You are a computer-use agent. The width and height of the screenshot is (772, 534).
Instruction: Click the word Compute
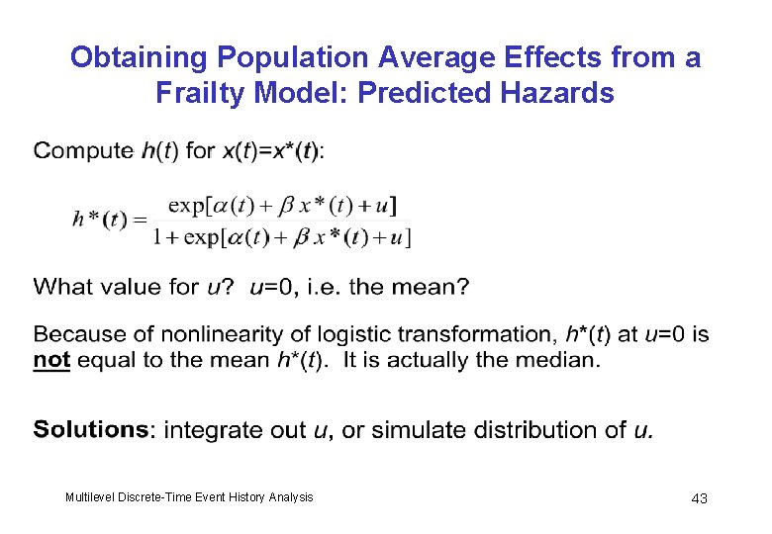point(83,151)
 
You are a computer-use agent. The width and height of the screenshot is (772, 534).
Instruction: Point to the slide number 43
point(699,498)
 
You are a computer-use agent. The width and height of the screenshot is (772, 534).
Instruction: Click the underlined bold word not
point(51,359)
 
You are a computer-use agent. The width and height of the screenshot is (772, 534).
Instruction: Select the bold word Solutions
point(91,430)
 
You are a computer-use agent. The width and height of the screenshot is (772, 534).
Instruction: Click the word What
point(61,288)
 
